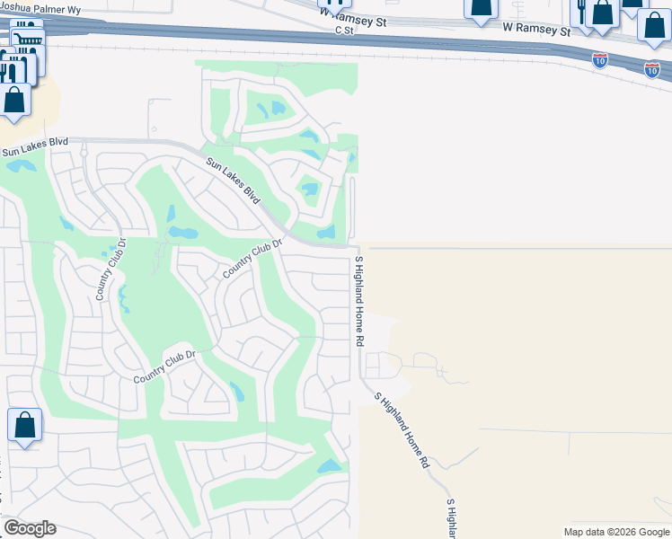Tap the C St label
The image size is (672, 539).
pyautogui.click(x=346, y=30)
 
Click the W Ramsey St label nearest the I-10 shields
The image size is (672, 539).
pyautogui.click(x=537, y=29)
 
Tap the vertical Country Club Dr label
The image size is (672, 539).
pyautogui.click(x=111, y=269)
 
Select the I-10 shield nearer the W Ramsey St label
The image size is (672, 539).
pyautogui.click(x=600, y=60)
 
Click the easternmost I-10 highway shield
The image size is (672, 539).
pyautogui.click(x=652, y=68)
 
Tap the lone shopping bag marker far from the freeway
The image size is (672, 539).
pyautogui.click(x=25, y=425)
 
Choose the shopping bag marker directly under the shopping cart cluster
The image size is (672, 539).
pyautogui.click(x=15, y=99)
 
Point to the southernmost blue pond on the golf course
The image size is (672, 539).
pyautogui.click(x=329, y=466)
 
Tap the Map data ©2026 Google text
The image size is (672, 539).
pyautogui.click(x=615, y=532)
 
